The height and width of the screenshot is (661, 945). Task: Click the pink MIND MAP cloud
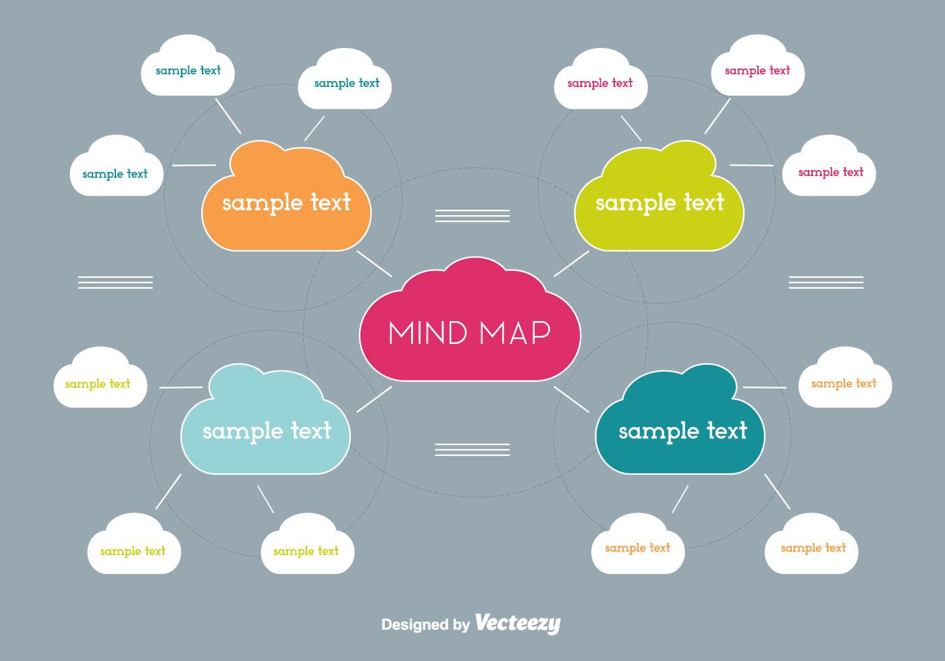coord(470,324)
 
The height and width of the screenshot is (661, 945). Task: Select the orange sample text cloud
coord(286,202)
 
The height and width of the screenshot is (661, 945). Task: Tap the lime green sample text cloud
coord(659,202)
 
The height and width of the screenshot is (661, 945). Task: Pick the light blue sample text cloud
coord(266,430)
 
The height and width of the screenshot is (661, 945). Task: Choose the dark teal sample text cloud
coord(682,430)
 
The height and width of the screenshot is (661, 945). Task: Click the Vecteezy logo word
coord(518,623)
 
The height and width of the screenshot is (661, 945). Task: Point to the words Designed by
coord(425,625)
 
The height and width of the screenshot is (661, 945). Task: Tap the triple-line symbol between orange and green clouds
coord(473,216)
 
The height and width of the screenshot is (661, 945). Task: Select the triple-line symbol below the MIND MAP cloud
coord(473,449)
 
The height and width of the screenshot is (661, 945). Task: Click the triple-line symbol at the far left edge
coord(115,282)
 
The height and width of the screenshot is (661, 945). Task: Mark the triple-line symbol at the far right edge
coord(826,282)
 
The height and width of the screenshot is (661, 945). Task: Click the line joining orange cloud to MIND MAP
coord(374,263)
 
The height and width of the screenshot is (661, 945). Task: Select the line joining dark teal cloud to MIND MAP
coord(571,399)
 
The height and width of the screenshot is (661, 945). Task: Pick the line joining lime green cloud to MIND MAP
coord(571,263)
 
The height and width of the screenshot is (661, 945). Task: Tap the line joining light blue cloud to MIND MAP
coord(374,399)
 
